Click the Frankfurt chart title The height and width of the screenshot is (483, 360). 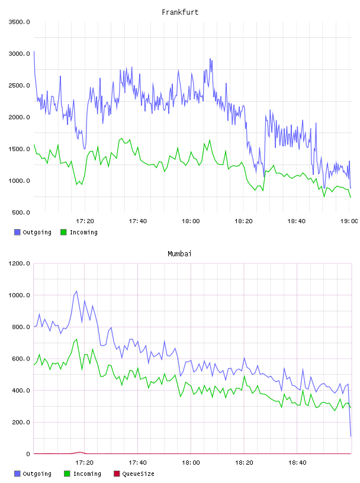point(180,12)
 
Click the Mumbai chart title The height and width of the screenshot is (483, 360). point(179,253)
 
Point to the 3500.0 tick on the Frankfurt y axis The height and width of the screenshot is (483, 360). point(20,22)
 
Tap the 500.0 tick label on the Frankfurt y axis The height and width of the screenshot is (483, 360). point(21,212)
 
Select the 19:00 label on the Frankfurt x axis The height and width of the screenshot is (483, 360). point(349,221)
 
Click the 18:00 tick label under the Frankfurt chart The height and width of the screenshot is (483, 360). point(191,221)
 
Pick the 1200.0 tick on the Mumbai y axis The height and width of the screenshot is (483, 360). point(20,263)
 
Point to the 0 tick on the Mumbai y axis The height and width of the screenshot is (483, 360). point(28,454)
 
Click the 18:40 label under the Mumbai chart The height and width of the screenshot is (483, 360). point(297,462)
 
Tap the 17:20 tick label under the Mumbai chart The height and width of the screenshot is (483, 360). point(84,462)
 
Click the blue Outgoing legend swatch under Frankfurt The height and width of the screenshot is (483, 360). point(17,232)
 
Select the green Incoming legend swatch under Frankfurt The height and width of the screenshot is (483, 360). point(63,232)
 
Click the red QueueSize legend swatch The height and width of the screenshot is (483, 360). point(117,474)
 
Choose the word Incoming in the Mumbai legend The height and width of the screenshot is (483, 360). point(87,474)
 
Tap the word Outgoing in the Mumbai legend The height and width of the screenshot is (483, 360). point(37,474)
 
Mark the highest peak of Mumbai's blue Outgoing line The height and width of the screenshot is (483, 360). point(76,291)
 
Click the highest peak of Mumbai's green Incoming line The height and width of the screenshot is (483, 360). point(76,339)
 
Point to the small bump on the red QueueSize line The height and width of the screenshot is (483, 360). point(80,452)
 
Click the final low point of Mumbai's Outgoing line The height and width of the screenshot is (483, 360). point(351,436)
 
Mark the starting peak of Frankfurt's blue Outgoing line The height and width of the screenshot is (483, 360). point(34,51)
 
